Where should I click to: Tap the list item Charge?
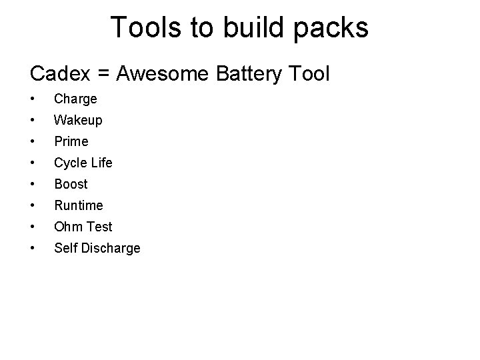pos(75,99)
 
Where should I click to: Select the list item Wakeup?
pos(78,121)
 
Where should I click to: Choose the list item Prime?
pos(71,141)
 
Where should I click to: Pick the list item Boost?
pos(71,184)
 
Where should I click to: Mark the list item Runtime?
pos(78,205)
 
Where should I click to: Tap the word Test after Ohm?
pos(99,227)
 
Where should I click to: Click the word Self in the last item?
pos(65,248)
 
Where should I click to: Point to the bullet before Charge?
pos(32,99)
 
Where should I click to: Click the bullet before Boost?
pos(32,184)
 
